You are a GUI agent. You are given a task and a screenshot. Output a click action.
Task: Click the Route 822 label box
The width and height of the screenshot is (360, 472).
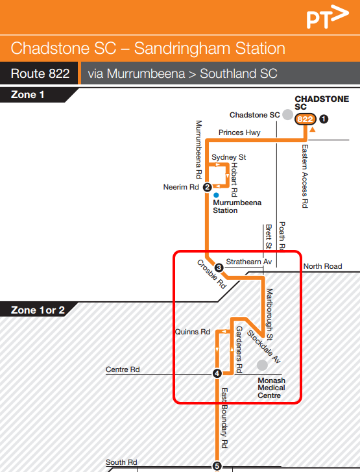coord(40,73)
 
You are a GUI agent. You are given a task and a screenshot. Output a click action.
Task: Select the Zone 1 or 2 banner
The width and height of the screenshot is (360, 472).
coord(38,310)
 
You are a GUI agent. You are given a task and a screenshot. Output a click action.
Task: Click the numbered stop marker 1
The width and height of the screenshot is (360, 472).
coord(324,119)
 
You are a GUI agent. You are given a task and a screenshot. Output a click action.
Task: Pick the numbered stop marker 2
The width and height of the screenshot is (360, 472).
coord(207,188)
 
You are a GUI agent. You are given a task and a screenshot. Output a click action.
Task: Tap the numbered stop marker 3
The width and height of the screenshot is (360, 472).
coord(219,267)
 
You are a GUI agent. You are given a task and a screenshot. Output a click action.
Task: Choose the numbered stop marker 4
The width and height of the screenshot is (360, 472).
coord(217,373)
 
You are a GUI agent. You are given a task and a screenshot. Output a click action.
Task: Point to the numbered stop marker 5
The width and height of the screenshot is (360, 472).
coord(217,466)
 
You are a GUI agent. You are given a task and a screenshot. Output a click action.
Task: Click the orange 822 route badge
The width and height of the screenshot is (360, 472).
coord(305,119)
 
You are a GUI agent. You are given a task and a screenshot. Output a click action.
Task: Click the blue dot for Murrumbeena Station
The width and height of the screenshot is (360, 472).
coord(215,195)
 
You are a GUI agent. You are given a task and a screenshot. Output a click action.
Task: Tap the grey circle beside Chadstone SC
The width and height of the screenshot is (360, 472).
coord(287,115)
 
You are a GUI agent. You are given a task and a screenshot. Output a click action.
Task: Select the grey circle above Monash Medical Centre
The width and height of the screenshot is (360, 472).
coord(262,366)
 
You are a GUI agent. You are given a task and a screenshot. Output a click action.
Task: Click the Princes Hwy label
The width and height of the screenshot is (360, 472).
coord(240,132)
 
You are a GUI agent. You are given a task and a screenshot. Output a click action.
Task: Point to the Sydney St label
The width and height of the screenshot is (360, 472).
coord(229,157)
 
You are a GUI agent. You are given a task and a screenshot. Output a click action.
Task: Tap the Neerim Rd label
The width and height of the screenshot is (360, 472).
coord(182,188)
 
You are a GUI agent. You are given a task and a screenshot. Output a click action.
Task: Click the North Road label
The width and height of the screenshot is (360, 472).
coord(322,266)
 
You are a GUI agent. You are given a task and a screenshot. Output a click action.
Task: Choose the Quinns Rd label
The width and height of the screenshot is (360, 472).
coord(193,332)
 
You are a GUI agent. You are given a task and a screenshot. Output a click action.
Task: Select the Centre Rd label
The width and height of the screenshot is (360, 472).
coord(123,369)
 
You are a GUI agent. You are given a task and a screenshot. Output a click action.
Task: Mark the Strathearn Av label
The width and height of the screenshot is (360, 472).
coord(247,262)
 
